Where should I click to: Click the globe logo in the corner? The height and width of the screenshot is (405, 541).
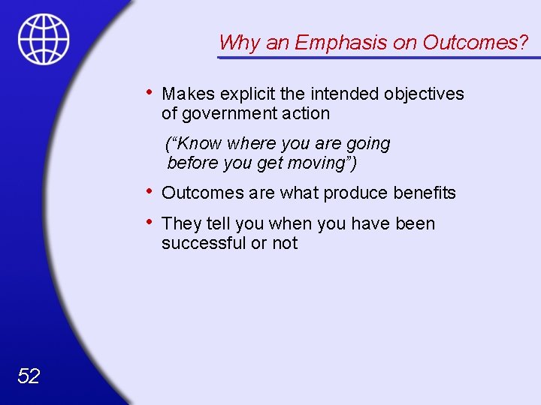(44, 38)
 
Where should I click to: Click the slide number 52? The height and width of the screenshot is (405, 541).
(28, 376)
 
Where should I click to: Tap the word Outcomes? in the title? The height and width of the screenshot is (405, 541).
(475, 43)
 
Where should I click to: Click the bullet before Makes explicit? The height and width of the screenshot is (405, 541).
(151, 92)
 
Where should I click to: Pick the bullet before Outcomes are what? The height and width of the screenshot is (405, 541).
(151, 191)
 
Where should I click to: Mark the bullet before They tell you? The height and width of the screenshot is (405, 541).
(151, 222)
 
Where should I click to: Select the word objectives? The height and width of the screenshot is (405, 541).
(424, 94)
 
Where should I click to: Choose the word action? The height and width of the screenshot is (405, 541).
(306, 114)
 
